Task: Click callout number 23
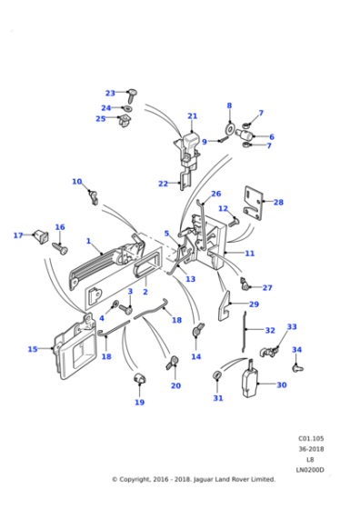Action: click(x=110, y=93)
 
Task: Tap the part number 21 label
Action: click(x=192, y=116)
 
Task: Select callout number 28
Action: click(x=278, y=202)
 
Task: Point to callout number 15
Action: click(x=33, y=348)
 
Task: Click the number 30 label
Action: click(x=281, y=384)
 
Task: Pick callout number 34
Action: click(x=296, y=349)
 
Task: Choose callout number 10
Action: click(x=76, y=182)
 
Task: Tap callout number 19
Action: click(x=139, y=402)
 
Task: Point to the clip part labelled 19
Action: click(x=140, y=378)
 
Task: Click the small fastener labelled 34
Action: click(x=296, y=368)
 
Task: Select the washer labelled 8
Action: click(x=229, y=125)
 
